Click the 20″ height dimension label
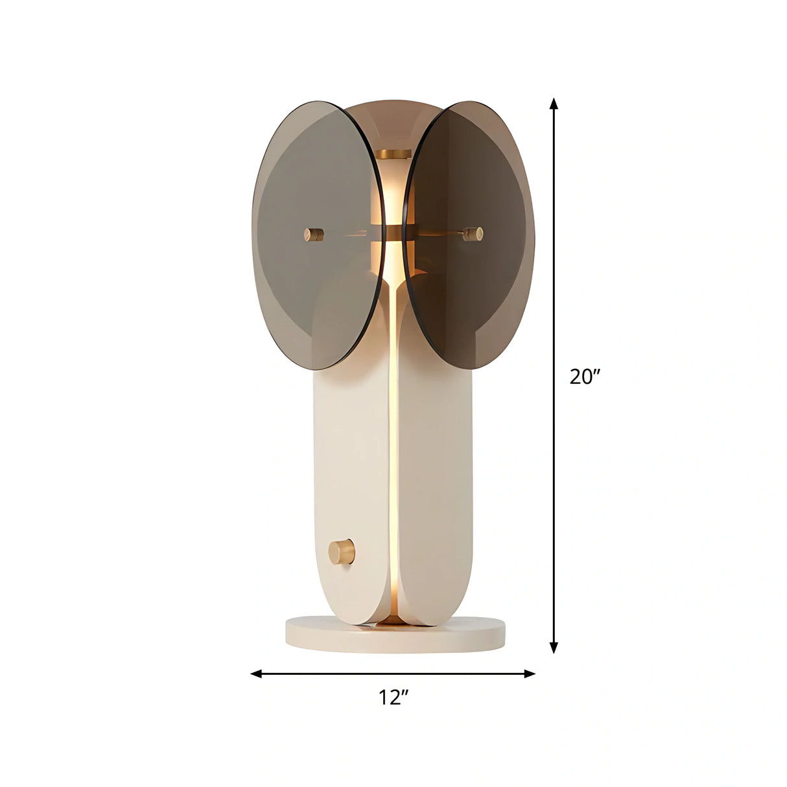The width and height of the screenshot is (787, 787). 585,377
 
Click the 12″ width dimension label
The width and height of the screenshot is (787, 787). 393,698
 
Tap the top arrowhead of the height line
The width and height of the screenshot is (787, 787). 553,103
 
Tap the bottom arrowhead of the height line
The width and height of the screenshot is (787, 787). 553,648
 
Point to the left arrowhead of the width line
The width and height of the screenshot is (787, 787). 256,674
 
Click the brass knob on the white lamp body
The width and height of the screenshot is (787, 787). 341,552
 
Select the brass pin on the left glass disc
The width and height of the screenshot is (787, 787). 314,234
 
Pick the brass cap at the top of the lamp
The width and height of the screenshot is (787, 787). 393,155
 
